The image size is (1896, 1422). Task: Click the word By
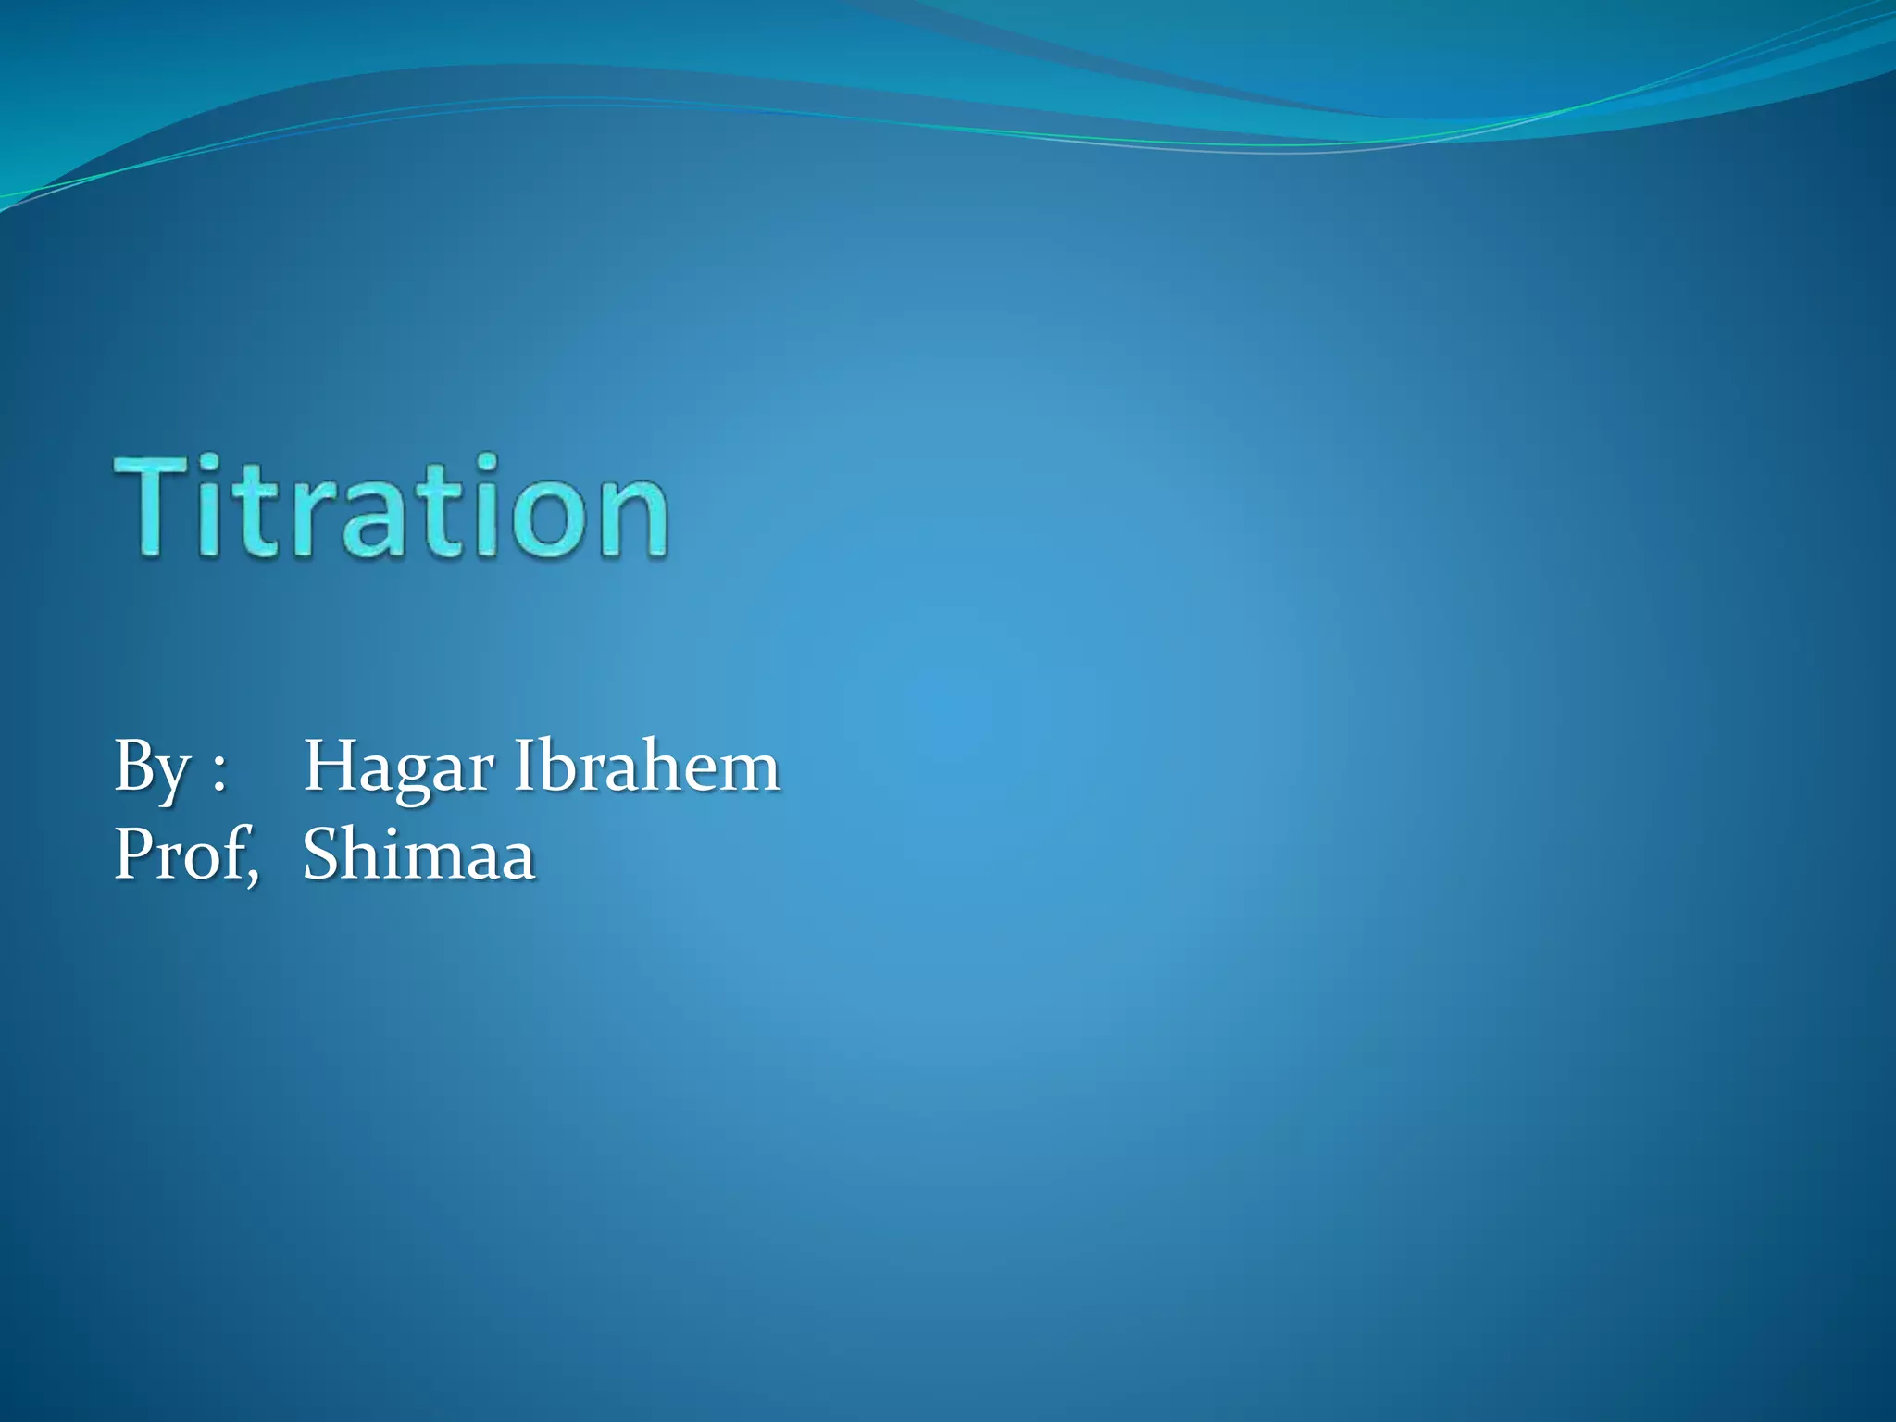pos(152,768)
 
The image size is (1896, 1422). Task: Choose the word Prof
pos(181,854)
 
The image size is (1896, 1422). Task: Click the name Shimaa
pos(419,854)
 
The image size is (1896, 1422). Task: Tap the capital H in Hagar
pos(331,767)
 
